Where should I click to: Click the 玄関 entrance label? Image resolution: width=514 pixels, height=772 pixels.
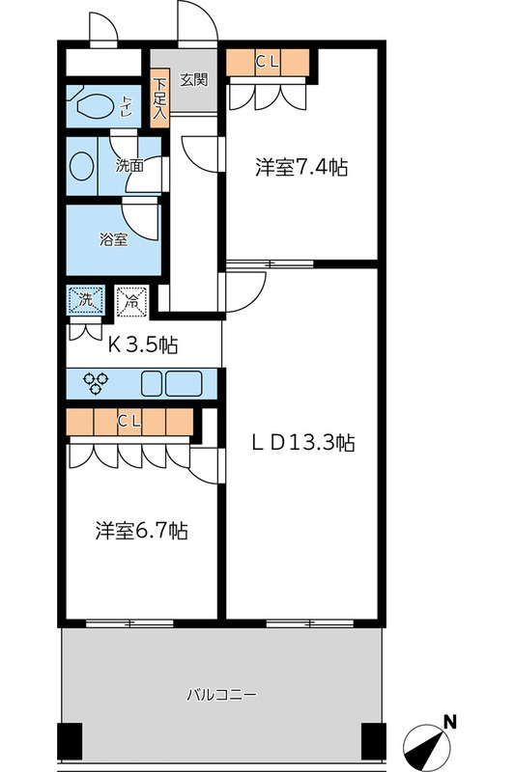click(193, 79)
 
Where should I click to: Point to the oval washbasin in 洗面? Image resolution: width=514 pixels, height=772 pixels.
click(82, 165)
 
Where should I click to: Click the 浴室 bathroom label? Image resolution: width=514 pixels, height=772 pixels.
click(114, 239)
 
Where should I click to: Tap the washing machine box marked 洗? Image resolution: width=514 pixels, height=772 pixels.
click(86, 299)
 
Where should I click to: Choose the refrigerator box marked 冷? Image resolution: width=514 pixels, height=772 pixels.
click(131, 300)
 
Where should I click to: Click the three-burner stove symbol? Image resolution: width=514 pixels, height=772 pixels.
click(97, 383)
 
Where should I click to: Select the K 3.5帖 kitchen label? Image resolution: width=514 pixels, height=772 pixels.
click(143, 345)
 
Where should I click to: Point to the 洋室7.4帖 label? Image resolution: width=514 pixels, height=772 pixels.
click(301, 167)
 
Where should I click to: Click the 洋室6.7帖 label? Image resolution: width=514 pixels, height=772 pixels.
click(141, 531)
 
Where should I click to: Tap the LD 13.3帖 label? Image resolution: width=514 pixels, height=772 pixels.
click(303, 443)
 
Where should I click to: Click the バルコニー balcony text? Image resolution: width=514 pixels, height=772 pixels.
click(221, 695)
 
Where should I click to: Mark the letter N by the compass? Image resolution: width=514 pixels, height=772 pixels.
click(450, 723)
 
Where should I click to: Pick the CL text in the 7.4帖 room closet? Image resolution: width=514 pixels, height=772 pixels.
click(268, 62)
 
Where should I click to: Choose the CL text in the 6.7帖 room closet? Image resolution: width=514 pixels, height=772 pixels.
click(129, 422)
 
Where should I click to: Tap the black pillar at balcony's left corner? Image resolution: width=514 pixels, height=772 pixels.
click(70, 741)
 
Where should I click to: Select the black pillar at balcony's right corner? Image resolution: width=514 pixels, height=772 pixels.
click(374, 741)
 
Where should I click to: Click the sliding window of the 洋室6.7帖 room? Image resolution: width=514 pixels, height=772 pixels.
click(129, 623)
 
